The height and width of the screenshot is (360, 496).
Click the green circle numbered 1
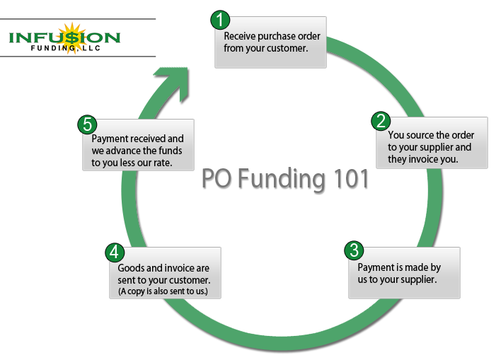coord(220,20)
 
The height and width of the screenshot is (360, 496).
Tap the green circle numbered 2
coord(381,121)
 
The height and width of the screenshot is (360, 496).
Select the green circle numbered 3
coord(354,250)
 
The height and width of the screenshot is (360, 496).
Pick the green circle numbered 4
coord(115,252)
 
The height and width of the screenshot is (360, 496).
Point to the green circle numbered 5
coord(87,124)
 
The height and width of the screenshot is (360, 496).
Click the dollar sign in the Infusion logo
coord(72,38)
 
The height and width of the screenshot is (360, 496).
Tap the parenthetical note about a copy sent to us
coord(163,291)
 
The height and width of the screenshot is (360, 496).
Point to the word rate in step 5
coord(163,163)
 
